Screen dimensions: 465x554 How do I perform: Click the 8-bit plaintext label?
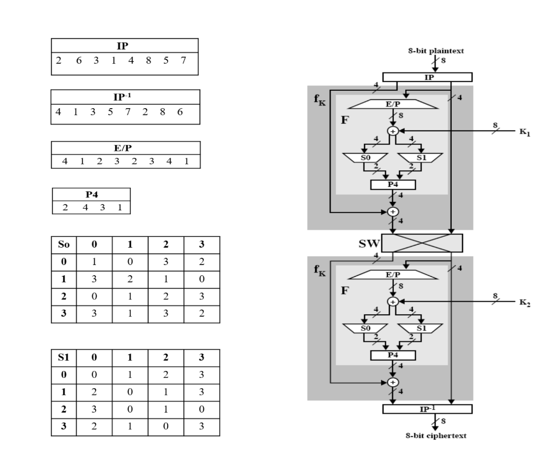click(x=436, y=51)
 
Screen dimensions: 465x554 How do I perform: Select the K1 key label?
click(x=524, y=134)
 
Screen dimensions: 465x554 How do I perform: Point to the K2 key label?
click(x=524, y=304)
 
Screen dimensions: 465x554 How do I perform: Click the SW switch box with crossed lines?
click(x=422, y=243)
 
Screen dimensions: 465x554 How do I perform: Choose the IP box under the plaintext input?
click(x=427, y=77)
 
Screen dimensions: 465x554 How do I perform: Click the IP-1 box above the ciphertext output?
click(x=427, y=409)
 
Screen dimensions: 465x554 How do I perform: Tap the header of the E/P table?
click(x=126, y=147)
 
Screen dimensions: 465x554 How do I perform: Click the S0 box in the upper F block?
click(x=365, y=157)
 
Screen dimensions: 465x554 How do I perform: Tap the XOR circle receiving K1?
click(x=393, y=131)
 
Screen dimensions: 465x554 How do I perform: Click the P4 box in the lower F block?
click(x=393, y=355)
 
